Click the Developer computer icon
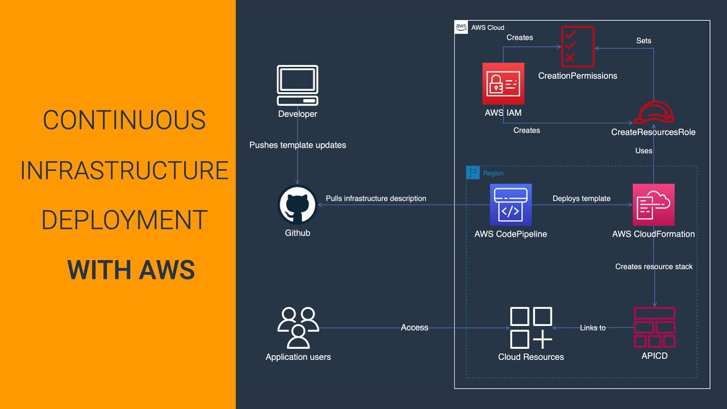(x=297, y=85)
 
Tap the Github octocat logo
(x=297, y=205)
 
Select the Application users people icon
(x=298, y=328)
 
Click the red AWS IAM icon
(x=503, y=84)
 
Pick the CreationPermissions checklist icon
(x=578, y=46)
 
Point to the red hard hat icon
(x=653, y=113)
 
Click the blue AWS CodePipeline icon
(x=511, y=204)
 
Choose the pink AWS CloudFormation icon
(x=653, y=204)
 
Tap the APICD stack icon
(x=654, y=327)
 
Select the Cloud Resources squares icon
(x=531, y=328)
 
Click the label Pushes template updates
(x=298, y=145)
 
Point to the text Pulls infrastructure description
(x=376, y=198)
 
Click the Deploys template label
(x=581, y=198)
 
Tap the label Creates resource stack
(x=654, y=266)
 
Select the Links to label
(x=592, y=328)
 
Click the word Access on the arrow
(x=415, y=327)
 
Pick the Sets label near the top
(x=644, y=41)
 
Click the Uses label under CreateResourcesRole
(x=644, y=151)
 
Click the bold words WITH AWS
(x=131, y=270)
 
